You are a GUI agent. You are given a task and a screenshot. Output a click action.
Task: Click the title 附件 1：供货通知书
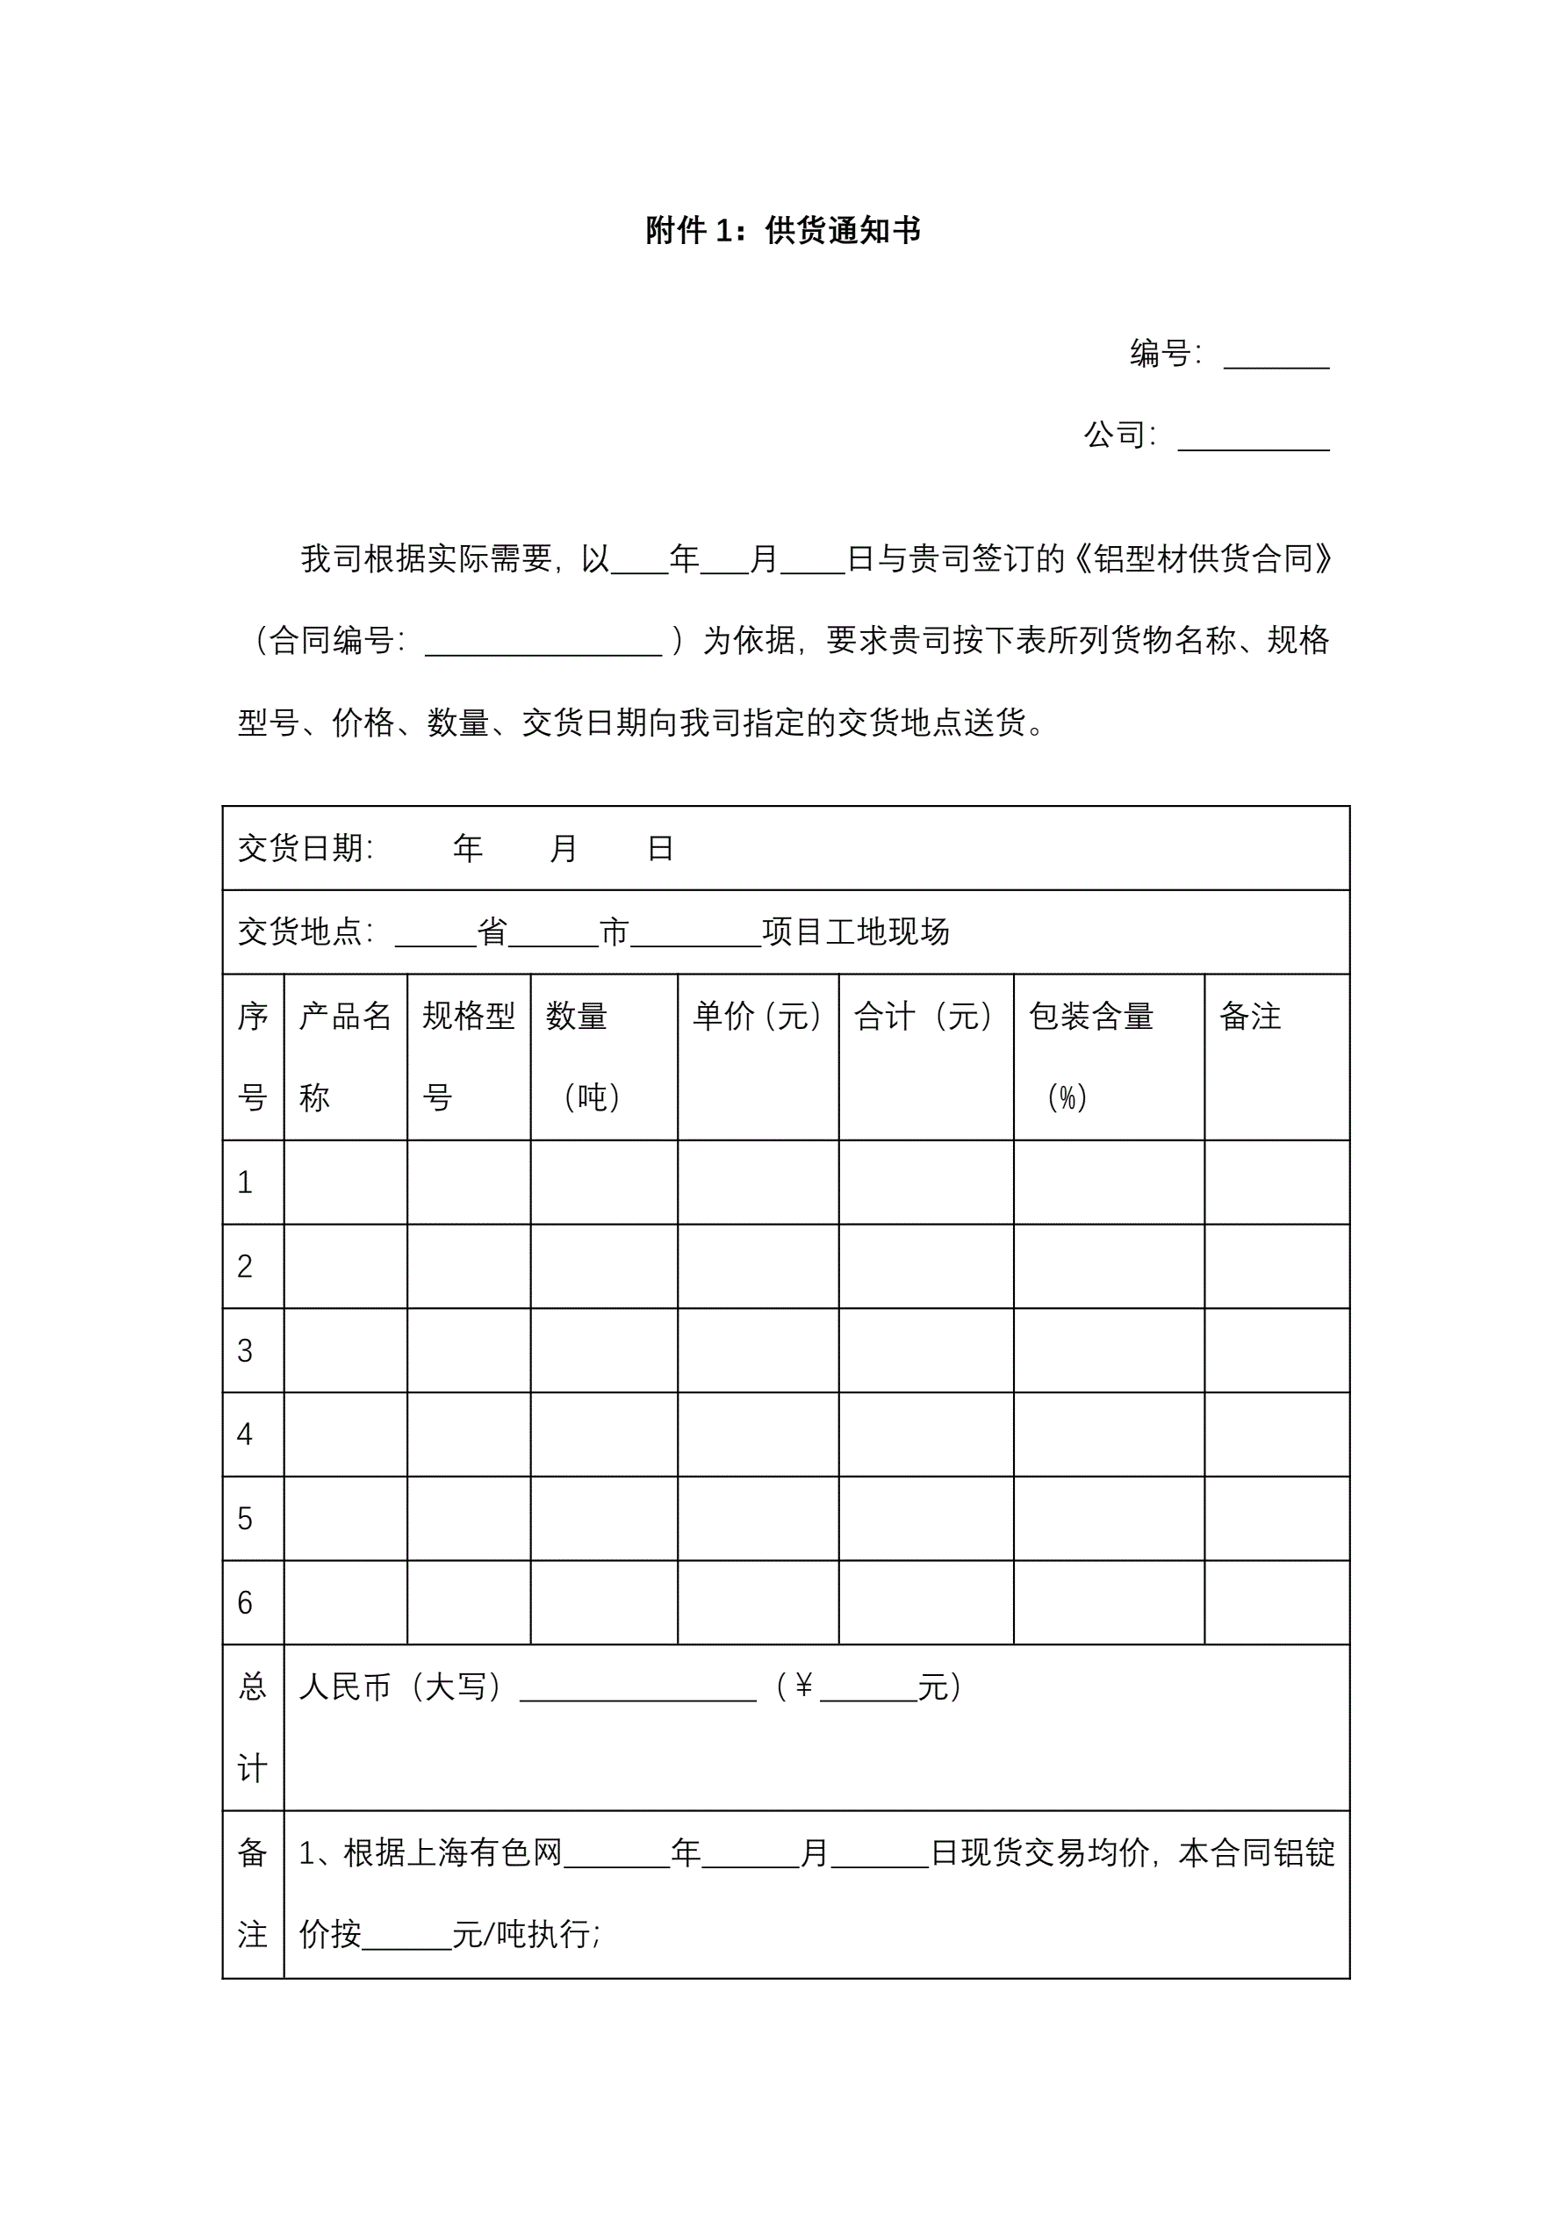(x=782, y=231)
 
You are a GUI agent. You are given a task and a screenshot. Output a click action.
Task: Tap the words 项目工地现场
(x=856, y=932)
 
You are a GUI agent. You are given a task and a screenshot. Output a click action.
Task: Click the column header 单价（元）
(x=758, y=1016)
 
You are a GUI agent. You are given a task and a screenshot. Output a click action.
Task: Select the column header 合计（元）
(x=924, y=1016)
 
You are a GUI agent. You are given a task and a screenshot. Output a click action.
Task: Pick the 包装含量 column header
(x=1091, y=1016)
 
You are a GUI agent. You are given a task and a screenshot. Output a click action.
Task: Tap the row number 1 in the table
(x=245, y=1183)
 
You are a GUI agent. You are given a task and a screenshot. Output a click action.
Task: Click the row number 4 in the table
(x=245, y=1435)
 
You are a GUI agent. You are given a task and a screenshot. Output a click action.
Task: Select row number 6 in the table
(x=245, y=1602)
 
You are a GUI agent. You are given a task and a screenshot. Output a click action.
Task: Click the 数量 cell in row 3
(x=603, y=1350)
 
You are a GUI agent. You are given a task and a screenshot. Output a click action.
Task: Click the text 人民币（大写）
(x=400, y=1687)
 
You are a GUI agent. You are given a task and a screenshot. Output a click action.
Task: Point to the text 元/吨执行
(x=526, y=1934)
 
